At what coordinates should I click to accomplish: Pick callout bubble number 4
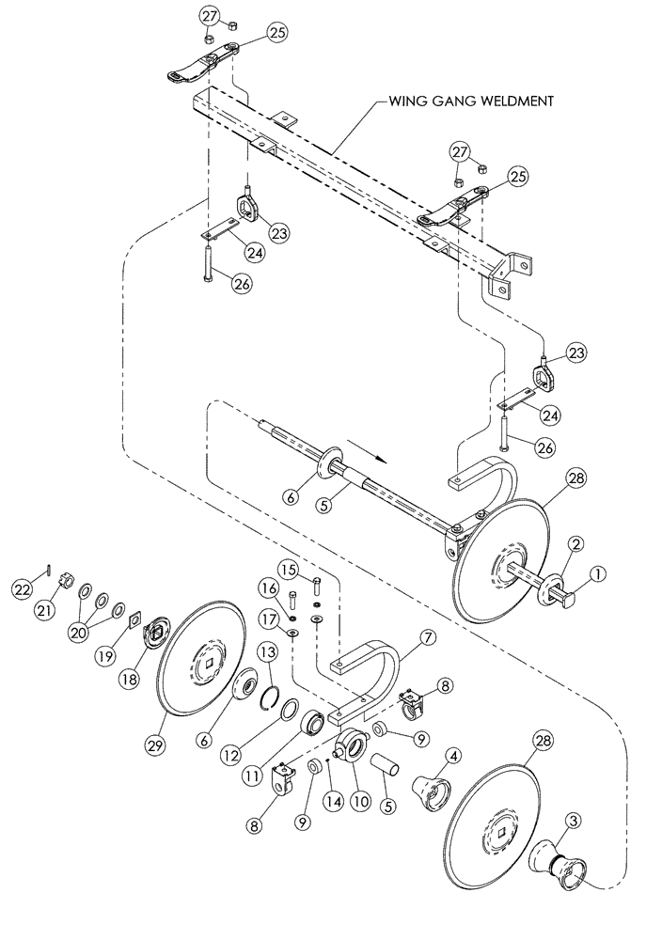point(452,754)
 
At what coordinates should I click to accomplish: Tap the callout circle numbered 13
point(266,654)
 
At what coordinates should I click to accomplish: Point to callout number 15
point(289,570)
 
